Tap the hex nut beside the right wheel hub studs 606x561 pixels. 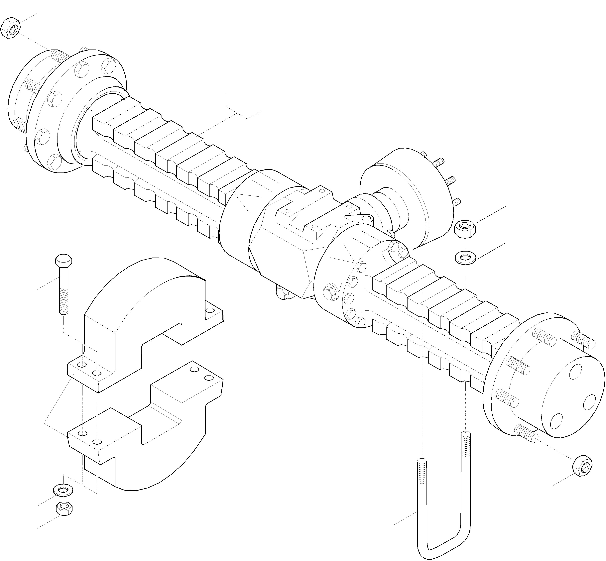click(x=582, y=465)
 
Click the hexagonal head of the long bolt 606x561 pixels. click(x=64, y=260)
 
